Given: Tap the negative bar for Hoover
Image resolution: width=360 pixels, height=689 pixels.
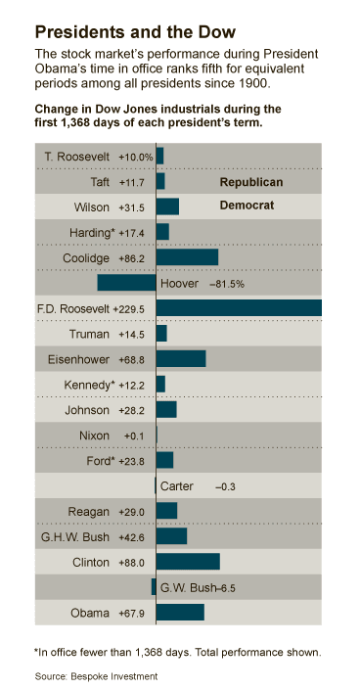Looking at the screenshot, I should [x=126, y=283].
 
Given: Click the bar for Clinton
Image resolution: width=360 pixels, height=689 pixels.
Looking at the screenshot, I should [x=188, y=562].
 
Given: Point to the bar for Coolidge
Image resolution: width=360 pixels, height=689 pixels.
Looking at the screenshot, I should [x=187, y=257].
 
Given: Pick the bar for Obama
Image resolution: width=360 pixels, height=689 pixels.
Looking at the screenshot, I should [x=180, y=613].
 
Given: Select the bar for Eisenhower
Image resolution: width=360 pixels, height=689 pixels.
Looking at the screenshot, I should [x=181, y=359].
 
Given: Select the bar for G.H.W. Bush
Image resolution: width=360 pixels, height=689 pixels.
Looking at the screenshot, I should [x=171, y=536].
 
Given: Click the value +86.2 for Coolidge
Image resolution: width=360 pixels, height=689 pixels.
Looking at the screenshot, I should [x=131, y=258].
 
